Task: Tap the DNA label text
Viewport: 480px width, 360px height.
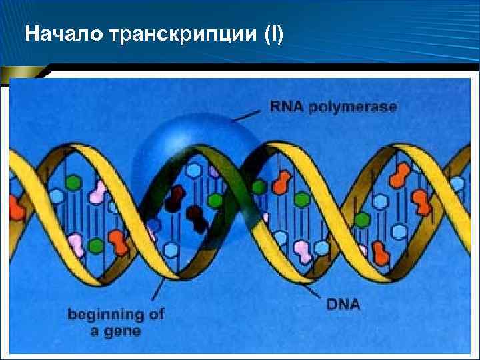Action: pos(344,305)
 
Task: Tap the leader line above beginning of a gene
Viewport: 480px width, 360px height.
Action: pos(159,293)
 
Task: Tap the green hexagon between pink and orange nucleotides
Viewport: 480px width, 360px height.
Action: pos(97,245)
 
